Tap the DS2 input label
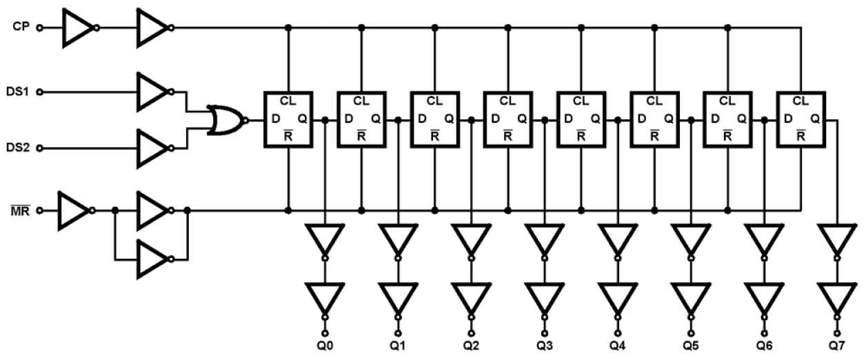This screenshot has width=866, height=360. [x=17, y=148]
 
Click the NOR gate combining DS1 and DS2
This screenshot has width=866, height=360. [x=225, y=120]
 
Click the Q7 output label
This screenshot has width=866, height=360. [x=837, y=342]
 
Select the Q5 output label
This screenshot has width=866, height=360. [x=691, y=342]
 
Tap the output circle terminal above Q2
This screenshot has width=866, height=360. [x=471, y=321]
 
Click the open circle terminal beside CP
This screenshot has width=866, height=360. [x=39, y=28]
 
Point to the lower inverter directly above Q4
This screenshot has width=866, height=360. [x=617, y=297]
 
